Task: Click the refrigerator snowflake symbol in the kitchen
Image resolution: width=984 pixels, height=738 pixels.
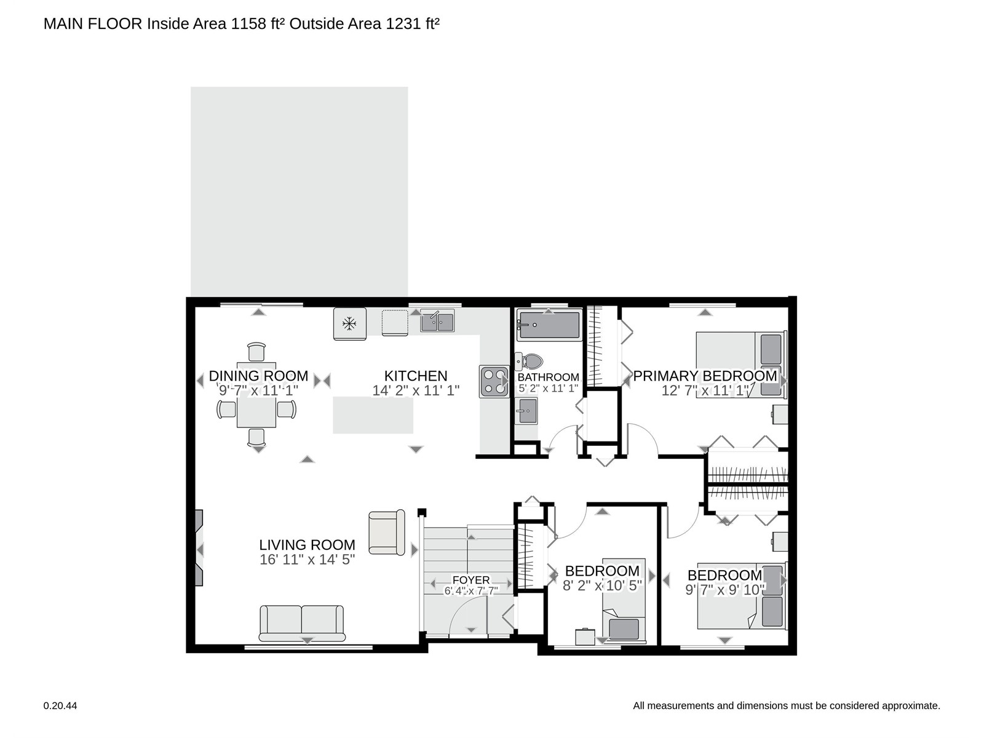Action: (x=349, y=323)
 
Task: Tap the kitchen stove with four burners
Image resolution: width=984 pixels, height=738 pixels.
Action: (x=494, y=382)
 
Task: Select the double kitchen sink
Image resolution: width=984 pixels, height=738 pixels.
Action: (x=437, y=321)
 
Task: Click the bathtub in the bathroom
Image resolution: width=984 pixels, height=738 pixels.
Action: (x=549, y=325)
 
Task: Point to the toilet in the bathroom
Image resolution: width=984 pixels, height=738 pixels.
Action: (x=528, y=361)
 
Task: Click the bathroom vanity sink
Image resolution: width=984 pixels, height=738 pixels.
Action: (x=526, y=410)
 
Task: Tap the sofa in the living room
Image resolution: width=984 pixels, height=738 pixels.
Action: (x=302, y=623)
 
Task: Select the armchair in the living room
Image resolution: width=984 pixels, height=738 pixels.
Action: (x=386, y=532)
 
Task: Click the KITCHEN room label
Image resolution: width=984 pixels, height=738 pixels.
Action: (x=416, y=376)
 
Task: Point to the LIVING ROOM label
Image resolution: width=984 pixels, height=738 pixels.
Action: (x=307, y=545)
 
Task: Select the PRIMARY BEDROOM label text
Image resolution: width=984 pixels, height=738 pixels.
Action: (x=705, y=376)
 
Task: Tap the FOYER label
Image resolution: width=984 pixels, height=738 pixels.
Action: (x=470, y=581)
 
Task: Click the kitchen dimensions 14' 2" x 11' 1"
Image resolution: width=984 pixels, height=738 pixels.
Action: (x=416, y=391)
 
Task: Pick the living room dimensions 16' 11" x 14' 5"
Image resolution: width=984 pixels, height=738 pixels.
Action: (x=307, y=560)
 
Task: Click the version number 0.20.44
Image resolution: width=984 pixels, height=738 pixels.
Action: (x=60, y=706)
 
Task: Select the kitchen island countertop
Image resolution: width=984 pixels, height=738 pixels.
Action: (x=373, y=415)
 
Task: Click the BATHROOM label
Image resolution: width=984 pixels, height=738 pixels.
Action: (x=548, y=377)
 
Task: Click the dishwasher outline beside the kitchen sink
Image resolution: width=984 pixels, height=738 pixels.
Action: (x=394, y=322)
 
